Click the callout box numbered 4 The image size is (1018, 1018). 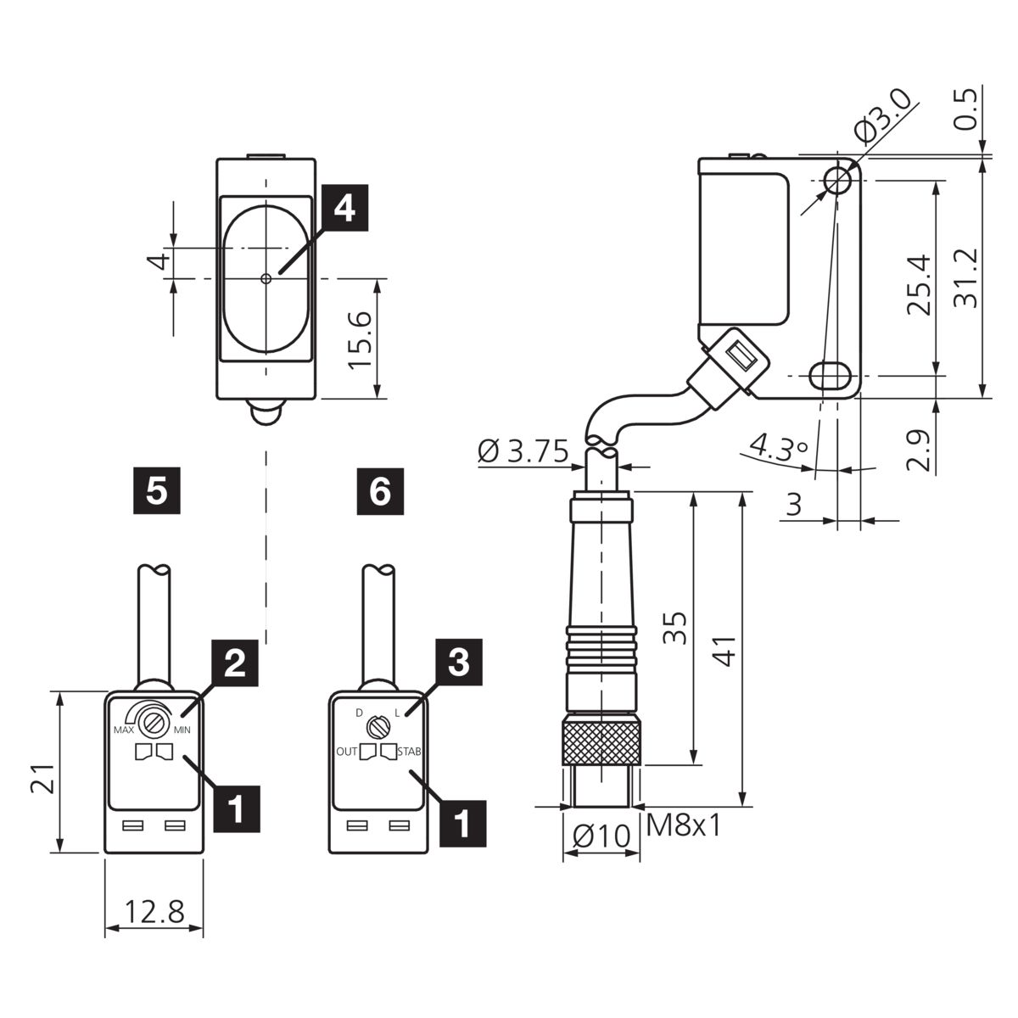click(344, 208)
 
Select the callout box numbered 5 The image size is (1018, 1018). click(157, 490)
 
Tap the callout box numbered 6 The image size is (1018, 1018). click(380, 491)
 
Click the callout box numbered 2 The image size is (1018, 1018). click(235, 663)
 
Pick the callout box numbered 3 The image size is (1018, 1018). click(459, 663)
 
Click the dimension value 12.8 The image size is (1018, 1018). click(154, 912)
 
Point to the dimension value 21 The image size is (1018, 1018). click(42, 778)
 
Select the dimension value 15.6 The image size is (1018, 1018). click(361, 340)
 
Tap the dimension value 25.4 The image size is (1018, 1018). click(919, 285)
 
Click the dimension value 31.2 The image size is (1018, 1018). click(967, 278)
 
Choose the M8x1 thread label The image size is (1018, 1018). click(684, 825)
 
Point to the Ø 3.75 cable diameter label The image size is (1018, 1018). click(523, 451)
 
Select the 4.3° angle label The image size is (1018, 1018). click(778, 447)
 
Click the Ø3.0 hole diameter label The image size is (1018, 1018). click(884, 117)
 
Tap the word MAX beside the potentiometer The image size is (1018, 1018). click(124, 730)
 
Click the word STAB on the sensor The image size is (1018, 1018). click(409, 752)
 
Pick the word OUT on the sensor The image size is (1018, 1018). click(347, 752)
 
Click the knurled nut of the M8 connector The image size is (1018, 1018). click(601, 743)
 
